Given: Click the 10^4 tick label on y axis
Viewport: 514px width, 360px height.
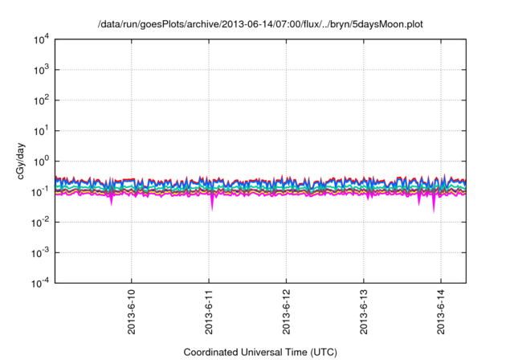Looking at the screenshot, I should (x=39, y=39).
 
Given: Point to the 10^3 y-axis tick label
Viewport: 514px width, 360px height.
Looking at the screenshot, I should (x=39, y=70).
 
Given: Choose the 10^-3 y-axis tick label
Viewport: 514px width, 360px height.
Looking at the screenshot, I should (x=39, y=252).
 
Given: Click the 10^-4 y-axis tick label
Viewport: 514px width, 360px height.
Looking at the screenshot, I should (x=39, y=282).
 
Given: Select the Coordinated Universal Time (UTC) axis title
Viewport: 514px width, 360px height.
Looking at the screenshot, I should (x=259, y=352).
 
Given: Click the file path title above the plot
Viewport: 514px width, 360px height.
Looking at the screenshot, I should (x=259, y=25).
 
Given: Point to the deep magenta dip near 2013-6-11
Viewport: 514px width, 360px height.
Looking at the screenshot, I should (x=212, y=205).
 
